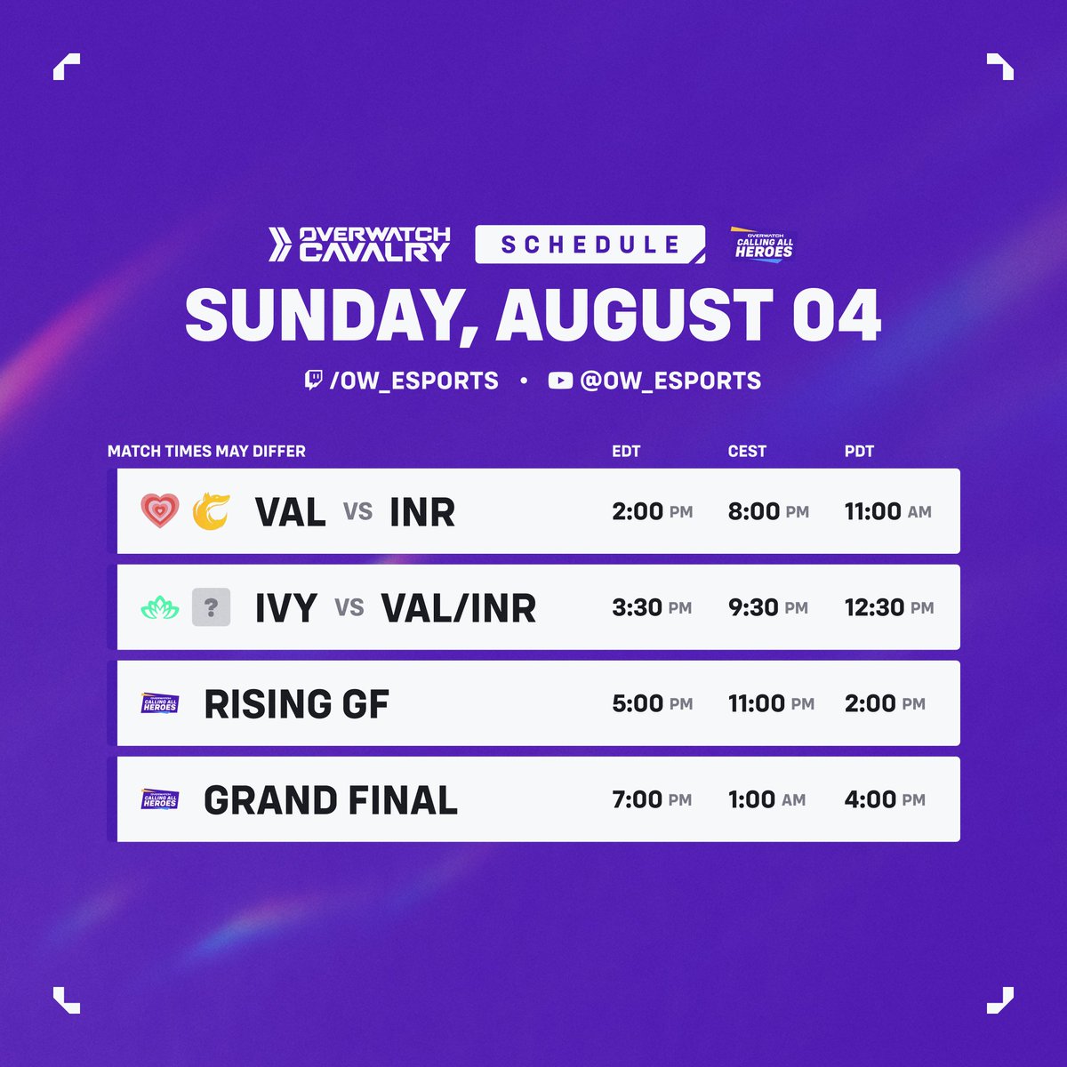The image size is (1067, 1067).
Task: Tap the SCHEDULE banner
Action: (x=590, y=245)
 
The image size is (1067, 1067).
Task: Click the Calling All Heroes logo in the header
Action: (x=763, y=244)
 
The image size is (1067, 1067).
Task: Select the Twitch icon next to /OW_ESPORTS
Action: (x=313, y=381)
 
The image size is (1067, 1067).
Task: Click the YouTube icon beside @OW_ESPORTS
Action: (x=560, y=381)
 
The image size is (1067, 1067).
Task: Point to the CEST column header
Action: (x=747, y=451)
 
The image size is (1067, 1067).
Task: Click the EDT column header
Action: (x=626, y=451)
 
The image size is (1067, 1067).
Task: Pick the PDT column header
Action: (x=859, y=451)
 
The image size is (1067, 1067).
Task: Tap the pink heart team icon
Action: (x=160, y=511)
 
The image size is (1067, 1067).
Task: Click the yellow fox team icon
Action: (x=212, y=511)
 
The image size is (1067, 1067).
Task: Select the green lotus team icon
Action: (x=160, y=608)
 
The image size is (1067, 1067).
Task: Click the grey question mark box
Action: (x=212, y=608)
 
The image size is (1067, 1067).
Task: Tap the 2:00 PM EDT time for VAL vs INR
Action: (x=652, y=511)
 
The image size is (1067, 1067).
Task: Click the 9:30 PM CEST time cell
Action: (x=767, y=607)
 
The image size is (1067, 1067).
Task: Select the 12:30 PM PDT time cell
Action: (x=888, y=607)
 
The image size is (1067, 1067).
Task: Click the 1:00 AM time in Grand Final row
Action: (x=766, y=799)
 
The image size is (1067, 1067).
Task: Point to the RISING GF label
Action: (x=296, y=704)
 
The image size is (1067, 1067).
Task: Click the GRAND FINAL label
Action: (x=330, y=800)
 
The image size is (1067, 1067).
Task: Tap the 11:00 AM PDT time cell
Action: (x=887, y=511)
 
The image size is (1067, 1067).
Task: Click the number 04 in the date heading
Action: (x=836, y=316)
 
